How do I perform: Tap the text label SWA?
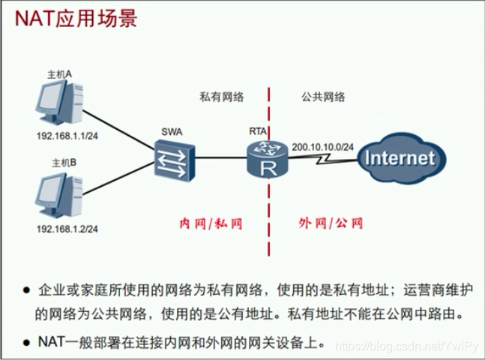tap(171, 131)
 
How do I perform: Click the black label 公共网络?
tap(323, 97)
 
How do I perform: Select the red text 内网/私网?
tap(211, 223)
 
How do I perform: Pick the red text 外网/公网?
tap(330, 223)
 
